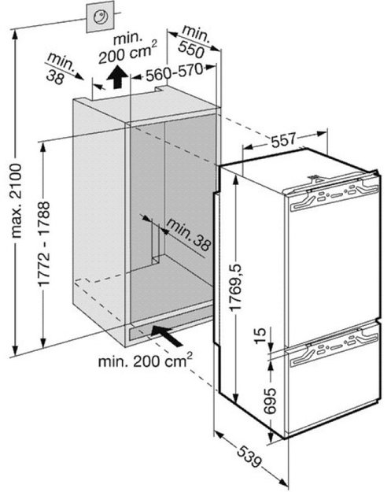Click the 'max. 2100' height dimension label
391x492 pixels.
pyautogui.click(x=17, y=200)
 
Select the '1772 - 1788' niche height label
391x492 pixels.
pyautogui.click(x=44, y=243)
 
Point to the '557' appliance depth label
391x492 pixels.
pyautogui.click(x=284, y=140)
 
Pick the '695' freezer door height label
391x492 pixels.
pyautogui.click(x=270, y=401)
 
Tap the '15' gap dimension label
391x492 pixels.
pyautogui.click(x=260, y=335)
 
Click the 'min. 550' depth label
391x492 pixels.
pyautogui.click(x=193, y=42)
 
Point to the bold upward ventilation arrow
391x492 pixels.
pyautogui.click(x=117, y=77)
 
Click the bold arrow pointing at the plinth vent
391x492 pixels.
pyautogui.click(x=166, y=335)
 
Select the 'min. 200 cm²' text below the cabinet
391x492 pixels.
pyautogui.click(x=146, y=361)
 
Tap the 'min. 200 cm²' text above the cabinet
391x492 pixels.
pyautogui.click(x=127, y=48)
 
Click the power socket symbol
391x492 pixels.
pyautogui.click(x=101, y=17)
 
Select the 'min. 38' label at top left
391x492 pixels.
pyautogui.click(x=59, y=69)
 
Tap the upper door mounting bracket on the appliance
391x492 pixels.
pyautogui.click(x=334, y=195)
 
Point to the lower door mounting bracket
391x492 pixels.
pyautogui.click(x=334, y=350)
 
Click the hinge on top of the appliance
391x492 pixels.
pyautogui.click(x=315, y=179)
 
